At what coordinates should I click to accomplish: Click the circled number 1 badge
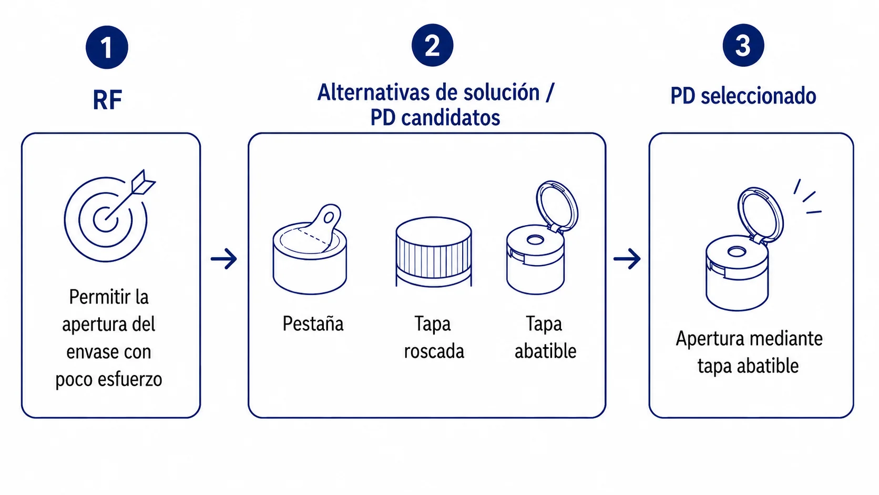(107, 47)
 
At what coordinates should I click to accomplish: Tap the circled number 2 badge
(433, 45)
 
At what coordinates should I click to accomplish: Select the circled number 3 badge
(743, 45)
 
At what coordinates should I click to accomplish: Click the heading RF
(107, 100)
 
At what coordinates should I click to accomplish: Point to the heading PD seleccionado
(743, 96)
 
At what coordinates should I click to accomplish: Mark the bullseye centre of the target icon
(105, 219)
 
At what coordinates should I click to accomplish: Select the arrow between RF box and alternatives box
(224, 259)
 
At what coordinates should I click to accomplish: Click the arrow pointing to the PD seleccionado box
(627, 259)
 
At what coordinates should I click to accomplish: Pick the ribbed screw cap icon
(434, 252)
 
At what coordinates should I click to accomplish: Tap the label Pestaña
(313, 324)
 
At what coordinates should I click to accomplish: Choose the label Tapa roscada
(434, 338)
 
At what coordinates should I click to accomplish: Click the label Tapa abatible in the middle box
(545, 338)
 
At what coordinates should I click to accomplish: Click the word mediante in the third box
(786, 339)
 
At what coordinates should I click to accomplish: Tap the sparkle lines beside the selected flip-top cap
(808, 197)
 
